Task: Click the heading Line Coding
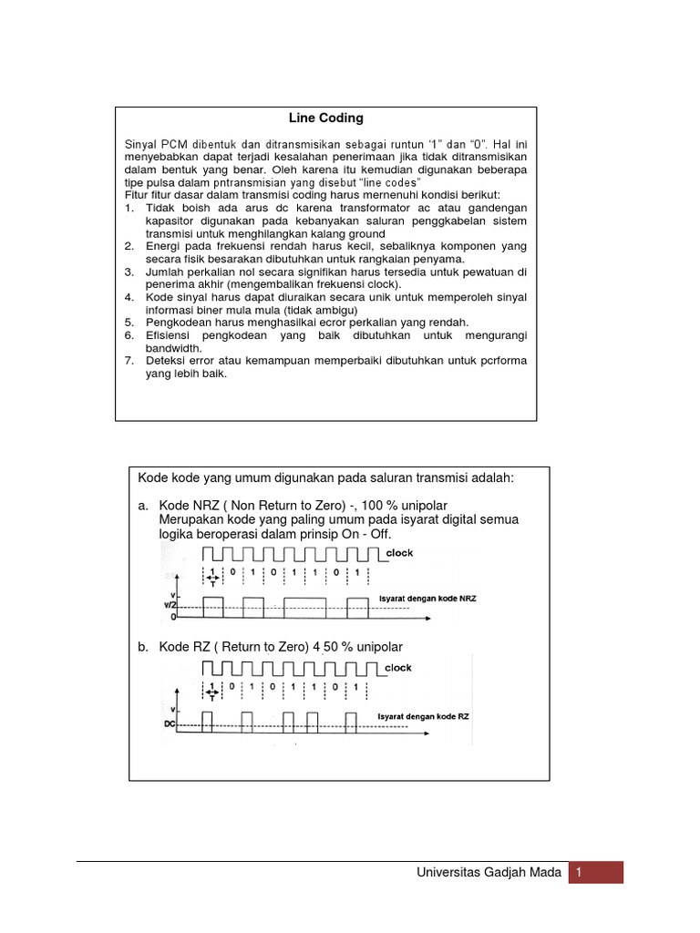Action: click(x=325, y=118)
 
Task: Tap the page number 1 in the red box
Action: click(x=578, y=873)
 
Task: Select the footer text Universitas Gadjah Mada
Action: click(x=489, y=873)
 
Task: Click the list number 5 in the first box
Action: click(x=129, y=323)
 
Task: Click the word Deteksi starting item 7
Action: click(x=166, y=361)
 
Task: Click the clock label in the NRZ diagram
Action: click(x=399, y=553)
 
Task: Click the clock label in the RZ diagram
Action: click(x=398, y=668)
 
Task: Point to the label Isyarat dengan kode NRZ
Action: click(x=435, y=599)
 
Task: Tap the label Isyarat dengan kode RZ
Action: click(x=425, y=717)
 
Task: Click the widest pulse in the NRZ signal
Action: click(x=304, y=608)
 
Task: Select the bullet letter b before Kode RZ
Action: click(x=143, y=647)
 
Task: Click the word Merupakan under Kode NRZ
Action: click(x=191, y=519)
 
